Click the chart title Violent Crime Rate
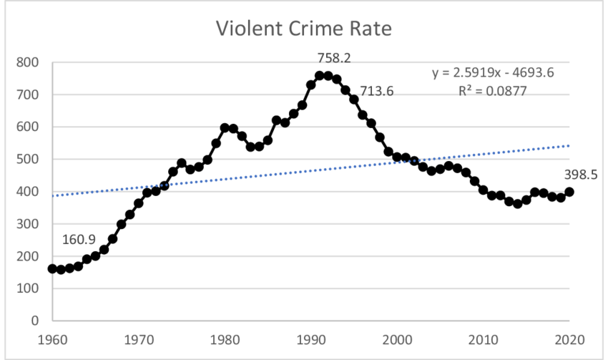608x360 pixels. [x=305, y=30]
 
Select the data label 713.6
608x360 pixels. [x=376, y=91]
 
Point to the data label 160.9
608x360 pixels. [x=79, y=239]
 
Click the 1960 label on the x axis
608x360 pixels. [x=52, y=339]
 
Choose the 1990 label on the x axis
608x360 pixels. [x=311, y=339]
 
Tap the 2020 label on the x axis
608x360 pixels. [x=570, y=339]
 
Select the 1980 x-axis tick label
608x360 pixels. [x=225, y=339]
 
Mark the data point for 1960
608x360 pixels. [x=52, y=269]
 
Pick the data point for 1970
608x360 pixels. [x=139, y=203]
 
